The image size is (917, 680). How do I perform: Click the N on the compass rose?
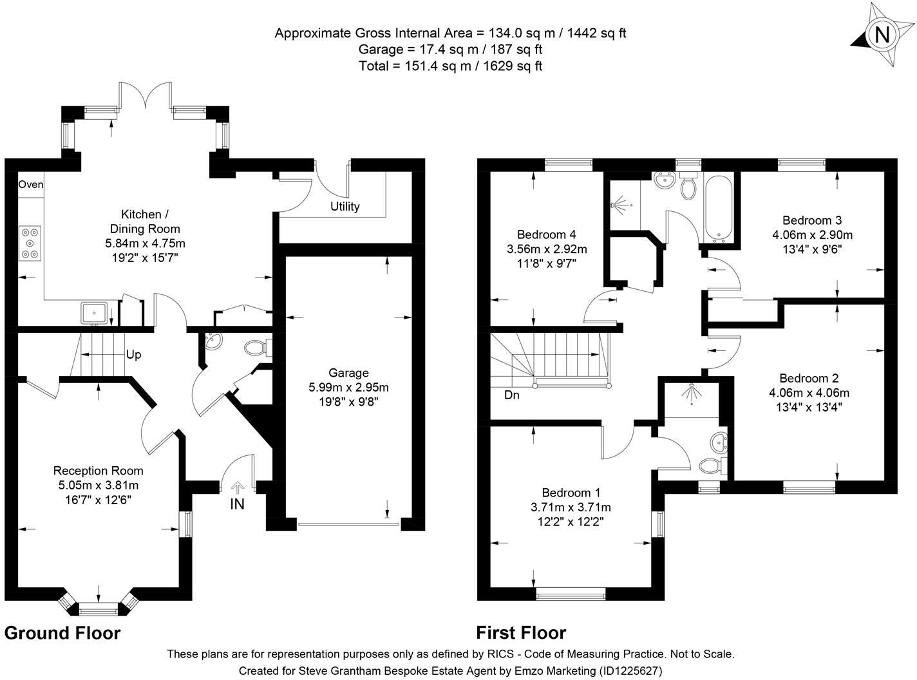[x=882, y=35]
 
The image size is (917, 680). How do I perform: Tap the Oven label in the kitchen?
[x=30, y=184]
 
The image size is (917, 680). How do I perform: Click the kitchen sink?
[x=94, y=314]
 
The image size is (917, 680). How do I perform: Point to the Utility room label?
[x=345, y=207]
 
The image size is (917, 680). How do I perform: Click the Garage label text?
[x=348, y=373]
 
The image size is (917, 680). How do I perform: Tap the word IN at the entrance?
[x=238, y=504]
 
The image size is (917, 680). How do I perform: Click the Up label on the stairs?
[x=133, y=355]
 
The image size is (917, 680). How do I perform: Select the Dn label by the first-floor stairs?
[x=512, y=395]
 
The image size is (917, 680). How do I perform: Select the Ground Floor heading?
[x=62, y=633]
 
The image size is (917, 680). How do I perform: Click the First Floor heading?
[x=521, y=633]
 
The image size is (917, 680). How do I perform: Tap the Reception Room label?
[x=98, y=471]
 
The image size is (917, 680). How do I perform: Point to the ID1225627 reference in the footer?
[x=631, y=670]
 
